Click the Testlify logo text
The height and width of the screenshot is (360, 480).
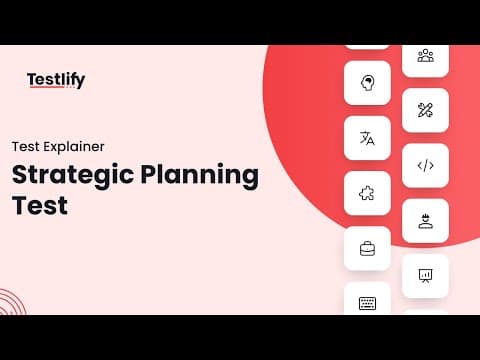[x=56, y=80]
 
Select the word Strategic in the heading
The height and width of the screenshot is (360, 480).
[x=73, y=175]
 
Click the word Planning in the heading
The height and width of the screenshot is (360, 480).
[x=200, y=175]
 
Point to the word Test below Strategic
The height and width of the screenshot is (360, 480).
[x=40, y=205]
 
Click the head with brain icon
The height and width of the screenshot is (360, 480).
[x=368, y=83]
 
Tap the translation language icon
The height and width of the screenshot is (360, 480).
[x=367, y=138]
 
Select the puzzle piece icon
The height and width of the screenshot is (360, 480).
[x=367, y=193]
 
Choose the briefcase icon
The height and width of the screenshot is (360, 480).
[x=367, y=249]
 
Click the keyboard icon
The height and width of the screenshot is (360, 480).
[x=367, y=303]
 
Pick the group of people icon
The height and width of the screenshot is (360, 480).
[x=426, y=56]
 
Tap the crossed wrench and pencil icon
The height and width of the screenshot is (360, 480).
[x=425, y=110]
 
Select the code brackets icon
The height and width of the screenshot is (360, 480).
[x=426, y=165]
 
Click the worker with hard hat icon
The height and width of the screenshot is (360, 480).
[x=426, y=221]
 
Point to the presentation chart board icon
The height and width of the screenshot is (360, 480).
[x=425, y=276]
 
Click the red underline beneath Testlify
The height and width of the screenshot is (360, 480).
[x=47, y=87]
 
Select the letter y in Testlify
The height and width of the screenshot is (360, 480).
[x=80, y=82]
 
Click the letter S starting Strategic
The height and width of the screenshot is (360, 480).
[x=20, y=174]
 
